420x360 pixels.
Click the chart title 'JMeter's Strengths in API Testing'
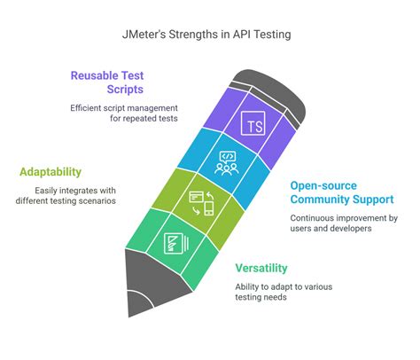pyautogui.click(x=210, y=35)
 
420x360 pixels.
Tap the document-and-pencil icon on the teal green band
pyautogui.click(x=174, y=243)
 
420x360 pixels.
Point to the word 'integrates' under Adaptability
pyautogui.click(x=82, y=189)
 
